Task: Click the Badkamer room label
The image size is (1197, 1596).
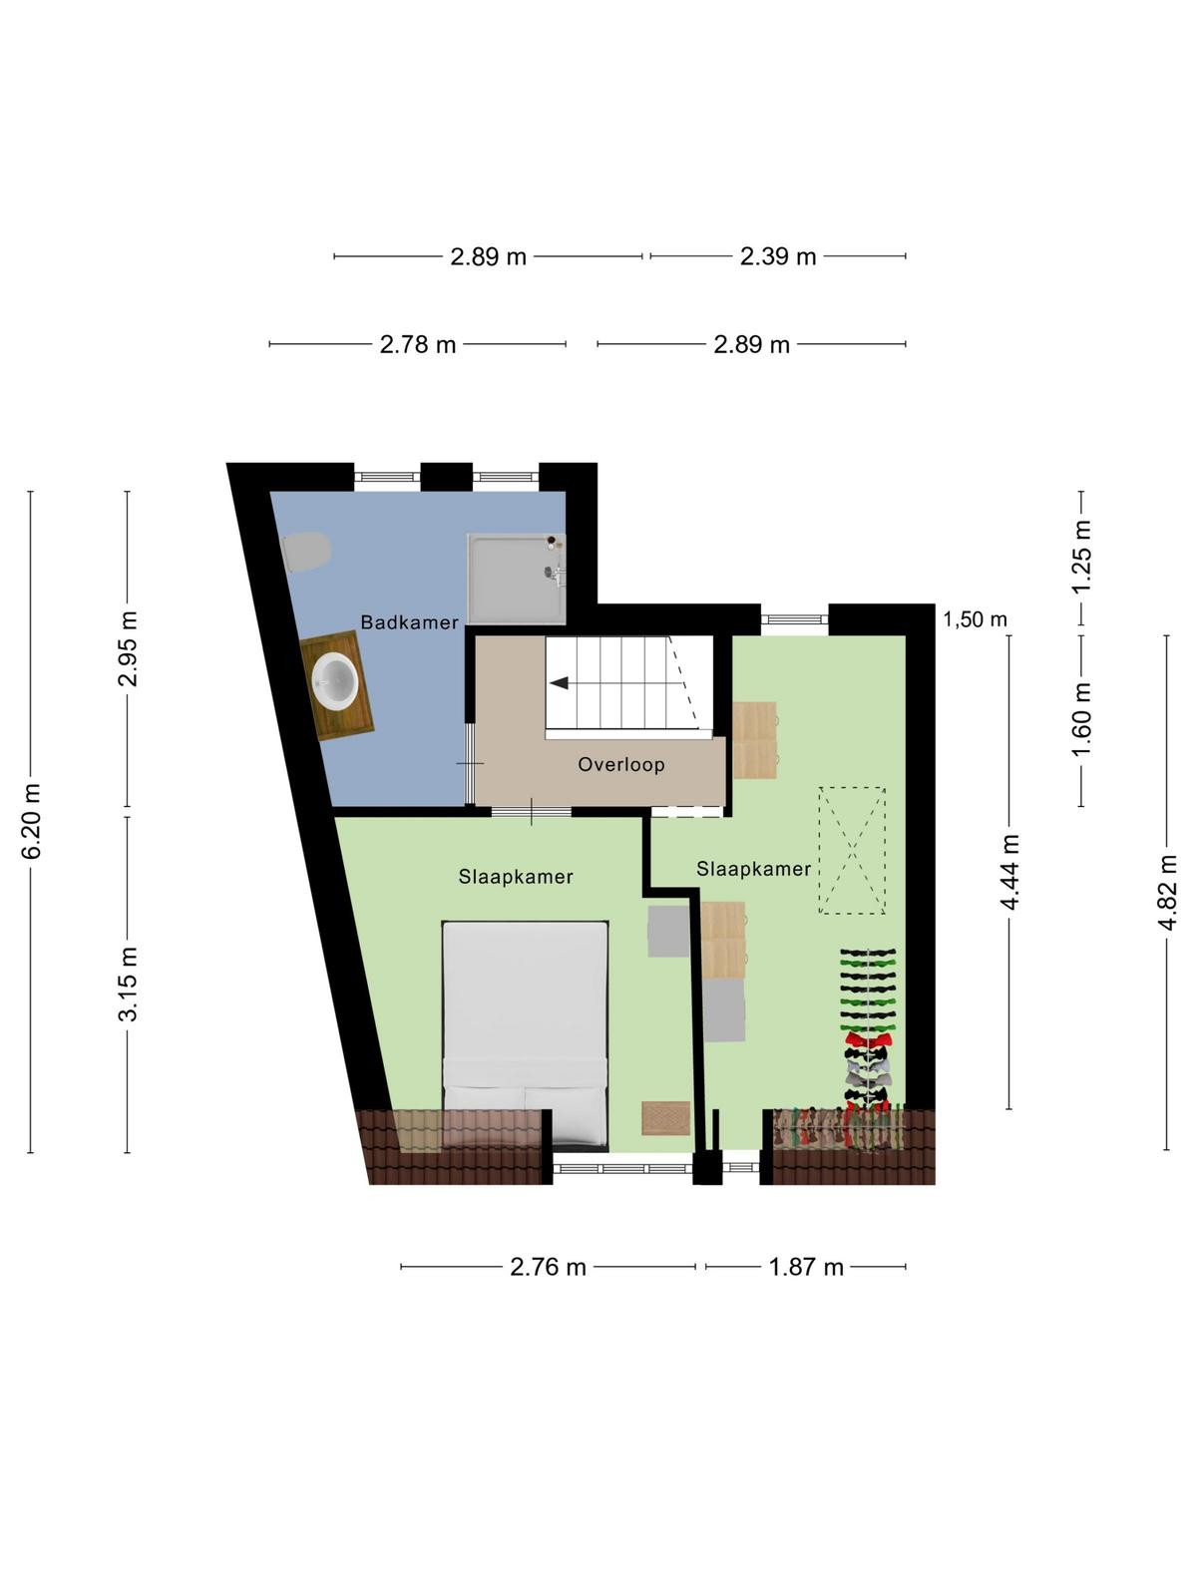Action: pos(409,622)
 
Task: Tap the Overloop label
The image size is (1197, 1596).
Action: pos(621,764)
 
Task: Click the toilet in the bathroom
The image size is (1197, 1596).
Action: pos(306,552)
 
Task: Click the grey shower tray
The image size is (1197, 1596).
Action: pos(517,580)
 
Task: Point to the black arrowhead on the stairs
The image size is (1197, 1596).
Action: pos(559,683)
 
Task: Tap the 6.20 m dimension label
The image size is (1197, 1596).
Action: pos(31,822)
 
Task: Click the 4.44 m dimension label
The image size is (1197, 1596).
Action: pos(1010,871)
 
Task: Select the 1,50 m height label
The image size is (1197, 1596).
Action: pos(975,619)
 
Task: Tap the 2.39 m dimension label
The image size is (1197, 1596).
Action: pos(778,256)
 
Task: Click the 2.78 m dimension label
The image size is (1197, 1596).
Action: pos(418,345)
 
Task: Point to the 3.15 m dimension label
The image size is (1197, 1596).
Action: pos(129,984)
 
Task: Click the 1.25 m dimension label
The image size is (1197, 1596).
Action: pos(1081,558)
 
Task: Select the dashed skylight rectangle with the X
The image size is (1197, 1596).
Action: pos(852,850)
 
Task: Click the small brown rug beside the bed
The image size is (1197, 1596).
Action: pos(665,1117)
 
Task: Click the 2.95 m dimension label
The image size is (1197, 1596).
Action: pos(129,648)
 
